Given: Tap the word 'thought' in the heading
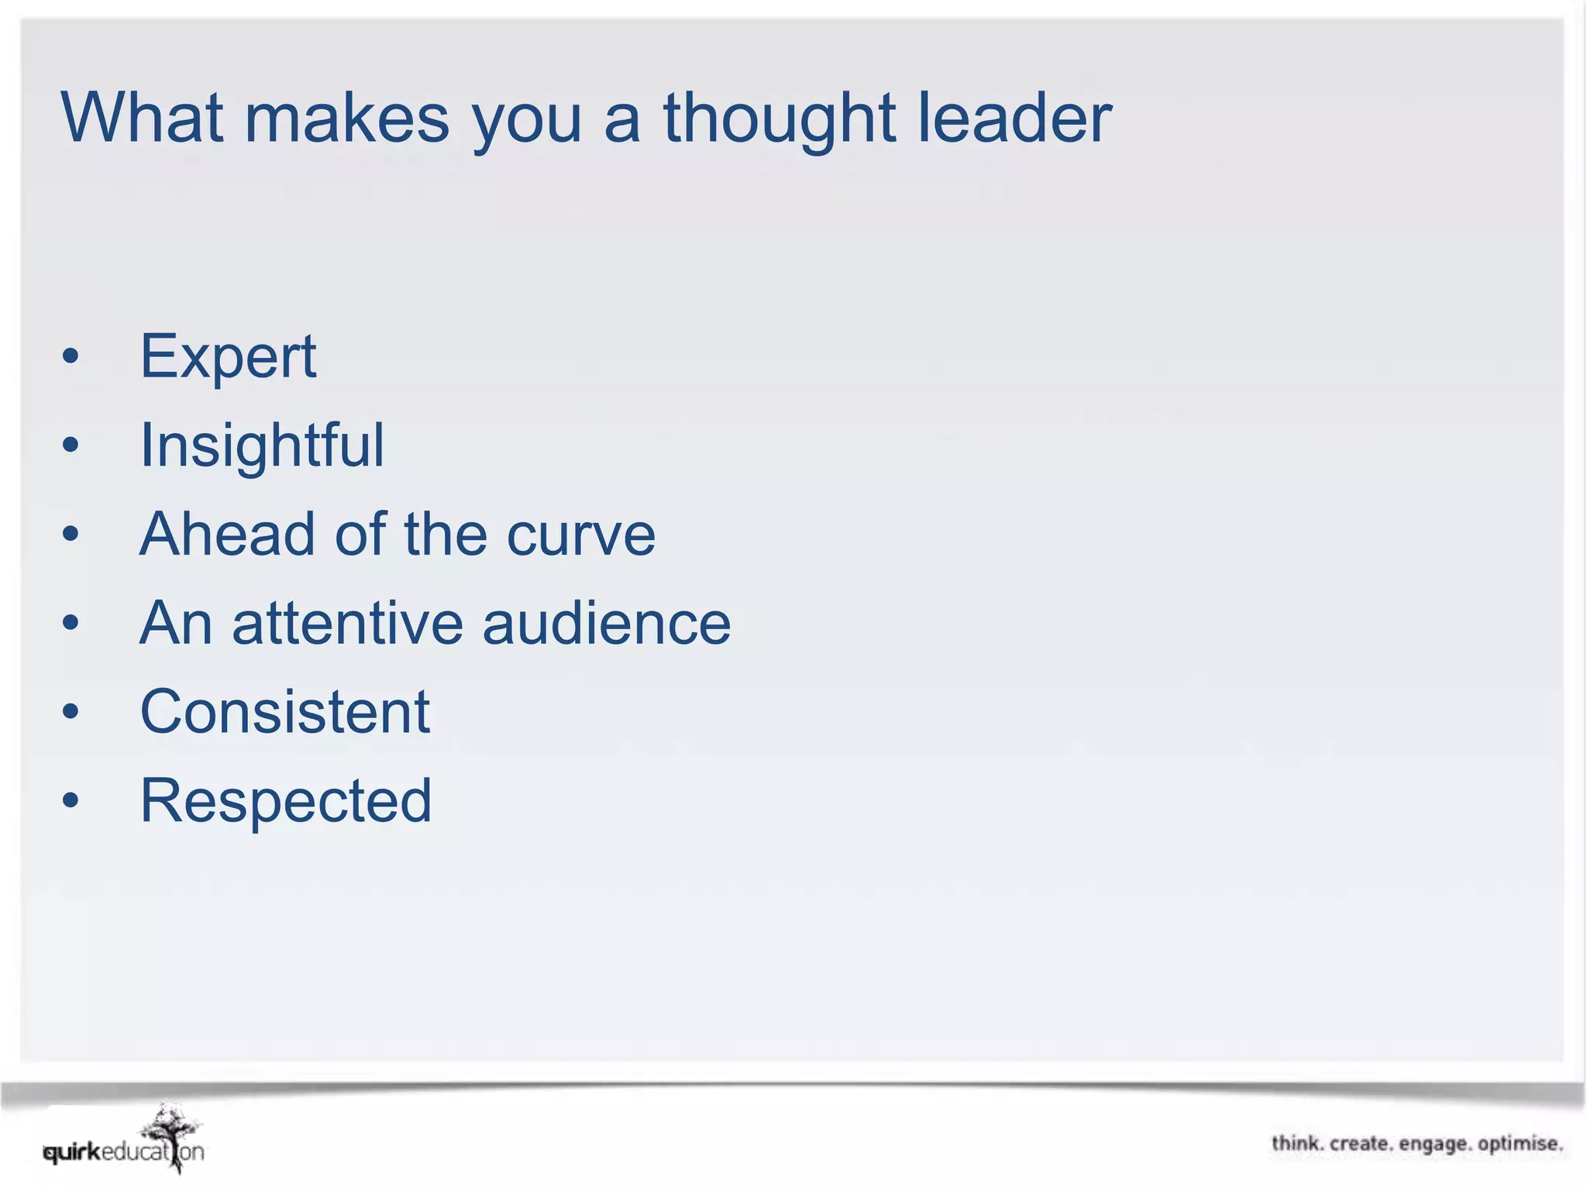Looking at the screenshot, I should tap(780, 119).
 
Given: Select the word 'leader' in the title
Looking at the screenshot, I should tap(1015, 118).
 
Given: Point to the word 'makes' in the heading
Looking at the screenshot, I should tap(346, 118).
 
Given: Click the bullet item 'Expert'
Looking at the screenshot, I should tap(228, 356).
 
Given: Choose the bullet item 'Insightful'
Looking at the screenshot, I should tap(262, 445).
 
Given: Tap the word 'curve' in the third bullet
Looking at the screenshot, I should tap(580, 535).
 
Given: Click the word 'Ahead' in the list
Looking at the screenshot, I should tap(229, 535).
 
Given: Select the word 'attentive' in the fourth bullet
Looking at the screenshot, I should tap(346, 623).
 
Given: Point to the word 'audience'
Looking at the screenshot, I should tap(606, 623).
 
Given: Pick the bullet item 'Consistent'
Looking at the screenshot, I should tap(284, 711).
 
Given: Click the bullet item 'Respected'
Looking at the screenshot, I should tap(285, 800).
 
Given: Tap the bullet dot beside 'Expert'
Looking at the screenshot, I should tap(71, 356).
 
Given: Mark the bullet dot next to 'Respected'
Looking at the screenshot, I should tap(71, 800).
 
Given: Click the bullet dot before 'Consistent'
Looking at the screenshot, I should tap(71, 711).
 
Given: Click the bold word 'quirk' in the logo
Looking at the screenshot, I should tap(73, 1153).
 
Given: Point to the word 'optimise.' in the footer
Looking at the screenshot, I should tap(1520, 1144).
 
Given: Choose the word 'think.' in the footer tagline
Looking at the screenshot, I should tap(1297, 1144).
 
